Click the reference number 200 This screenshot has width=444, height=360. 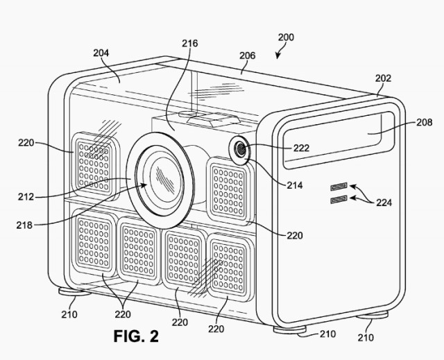286,37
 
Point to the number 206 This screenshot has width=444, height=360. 248,55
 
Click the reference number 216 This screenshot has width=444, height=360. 190,43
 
